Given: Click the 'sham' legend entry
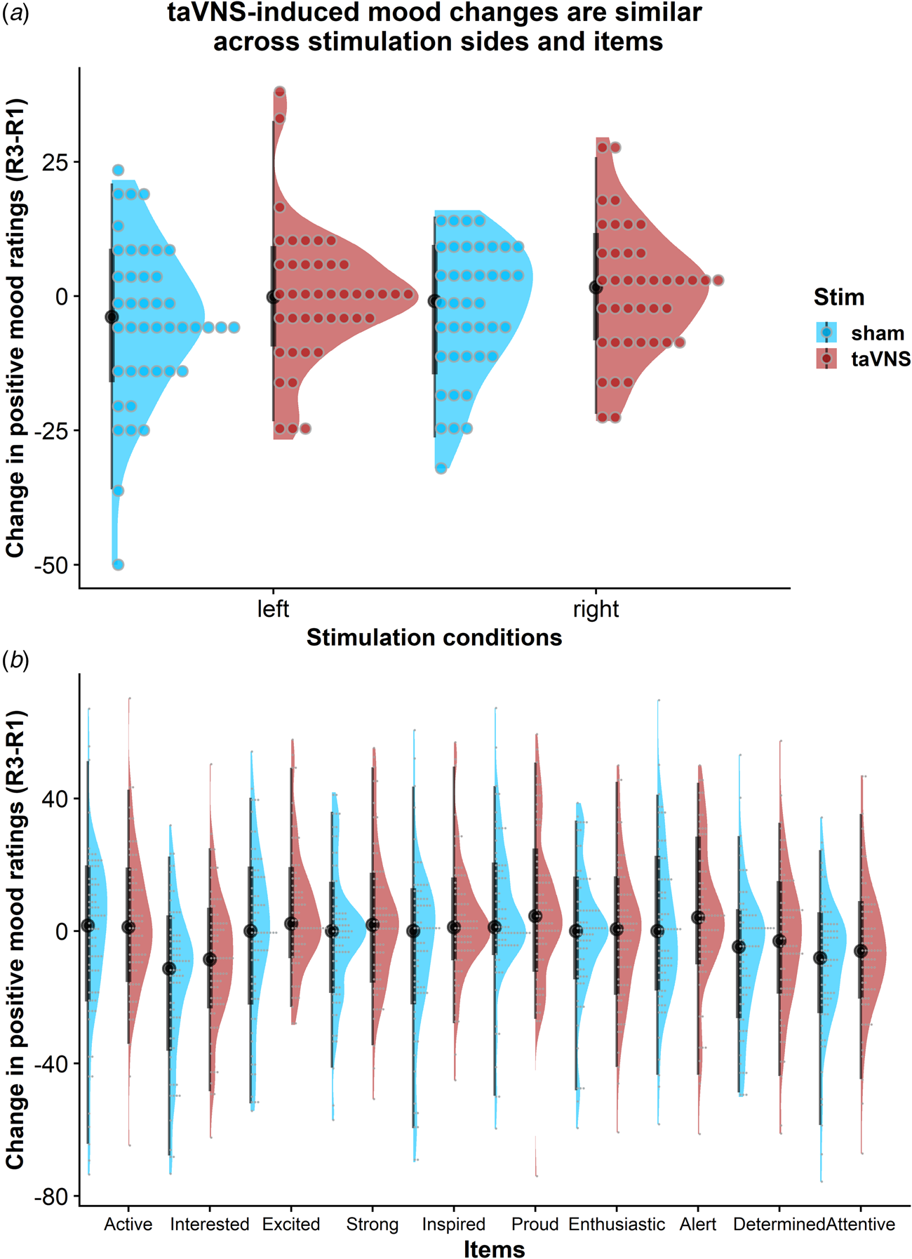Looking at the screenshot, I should pyautogui.click(x=877, y=333).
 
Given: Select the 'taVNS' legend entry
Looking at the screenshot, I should pyautogui.click(x=880, y=359).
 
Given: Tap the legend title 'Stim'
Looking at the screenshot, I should pyautogui.click(x=838, y=298).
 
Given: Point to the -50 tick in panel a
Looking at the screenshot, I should pyautogui.click(x=53, y=566).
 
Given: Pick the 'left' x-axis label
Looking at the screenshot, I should pyautogui.click(x=273, y=608).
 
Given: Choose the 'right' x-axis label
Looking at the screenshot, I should pyautogui.click(x=596, y=608).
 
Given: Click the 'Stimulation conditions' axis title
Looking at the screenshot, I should pyautogui.click(x=434, y=637).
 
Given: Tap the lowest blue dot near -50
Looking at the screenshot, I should pyautogui.click(x=119, y=564).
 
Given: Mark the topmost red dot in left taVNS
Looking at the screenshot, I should pyautogui.click(x=279, y=92).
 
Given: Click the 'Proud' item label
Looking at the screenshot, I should pyautogui.click(x=535, y=1225).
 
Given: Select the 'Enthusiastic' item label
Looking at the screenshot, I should pyautogui.click(x=617, y=1225).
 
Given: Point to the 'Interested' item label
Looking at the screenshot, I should pyautogui.click(x=209, y=1225).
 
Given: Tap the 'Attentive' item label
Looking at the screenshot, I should pyautogui.click(x=861, y=1225).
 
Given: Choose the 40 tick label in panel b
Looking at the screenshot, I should pyautogui.click(x=58, y=799).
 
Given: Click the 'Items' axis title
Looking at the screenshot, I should pyautogui.click(x=494, y=1249).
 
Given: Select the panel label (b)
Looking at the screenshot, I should pyautogui.click(x=15, y=660).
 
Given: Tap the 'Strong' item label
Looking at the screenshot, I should pyautogui.click(x=372, y=1225).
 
